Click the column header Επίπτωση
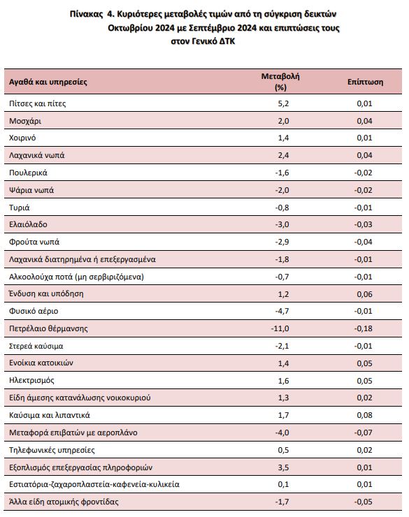(365, 82)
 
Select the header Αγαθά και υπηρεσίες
(48, 82)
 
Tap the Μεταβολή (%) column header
(275, 81)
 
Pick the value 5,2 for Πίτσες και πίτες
(283, 104)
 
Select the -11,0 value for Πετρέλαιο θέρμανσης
(280, 328)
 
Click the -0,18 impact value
(363, 328)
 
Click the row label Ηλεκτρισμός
(33, 381)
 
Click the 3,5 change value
(283, 467)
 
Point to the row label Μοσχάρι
(25, 122)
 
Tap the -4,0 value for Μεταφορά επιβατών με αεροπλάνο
(282, 432)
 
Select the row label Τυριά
(20, 207)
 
